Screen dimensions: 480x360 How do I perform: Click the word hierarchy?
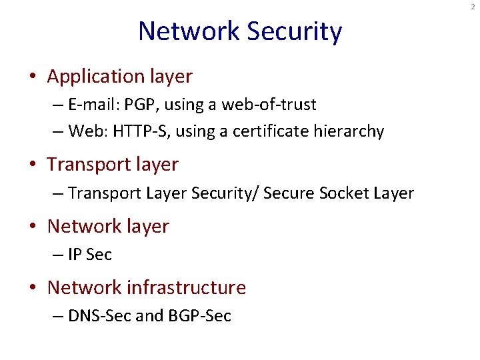[351, 131]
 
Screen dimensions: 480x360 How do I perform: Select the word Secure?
[289, 193]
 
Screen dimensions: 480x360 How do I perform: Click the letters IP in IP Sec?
[75, 255]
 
